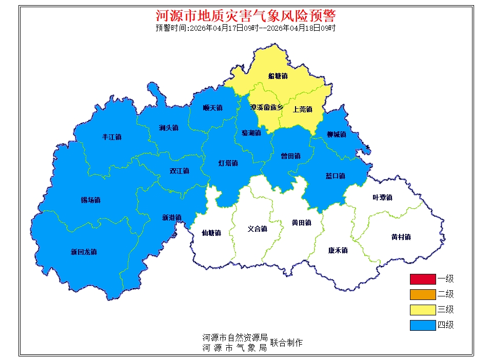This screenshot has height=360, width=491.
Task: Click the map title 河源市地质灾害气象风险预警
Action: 245,15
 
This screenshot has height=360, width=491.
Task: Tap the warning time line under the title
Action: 245,28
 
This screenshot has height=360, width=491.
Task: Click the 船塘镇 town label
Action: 278,76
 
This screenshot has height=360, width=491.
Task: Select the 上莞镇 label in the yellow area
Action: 302,109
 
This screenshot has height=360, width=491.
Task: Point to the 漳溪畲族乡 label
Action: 266,108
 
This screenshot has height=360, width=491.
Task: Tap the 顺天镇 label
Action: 212,108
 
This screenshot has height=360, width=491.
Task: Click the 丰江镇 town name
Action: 112,137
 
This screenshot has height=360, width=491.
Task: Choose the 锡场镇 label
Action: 90,200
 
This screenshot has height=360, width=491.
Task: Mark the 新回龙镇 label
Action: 84,252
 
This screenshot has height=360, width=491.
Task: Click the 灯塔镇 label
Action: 228,163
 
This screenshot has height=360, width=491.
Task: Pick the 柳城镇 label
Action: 336,134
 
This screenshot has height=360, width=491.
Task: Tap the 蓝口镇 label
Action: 335,176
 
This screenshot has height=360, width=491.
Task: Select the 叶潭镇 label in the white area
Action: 382,197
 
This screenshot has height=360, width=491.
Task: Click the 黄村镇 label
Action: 401,237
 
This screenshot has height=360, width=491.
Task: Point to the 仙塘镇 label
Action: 211,233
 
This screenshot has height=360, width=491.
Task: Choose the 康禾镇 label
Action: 338,250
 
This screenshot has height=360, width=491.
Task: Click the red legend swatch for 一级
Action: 422,279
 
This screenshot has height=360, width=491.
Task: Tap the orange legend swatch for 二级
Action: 422,294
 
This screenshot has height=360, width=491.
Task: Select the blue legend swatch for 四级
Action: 422,325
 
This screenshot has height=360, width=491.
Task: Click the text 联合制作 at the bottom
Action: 286,343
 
